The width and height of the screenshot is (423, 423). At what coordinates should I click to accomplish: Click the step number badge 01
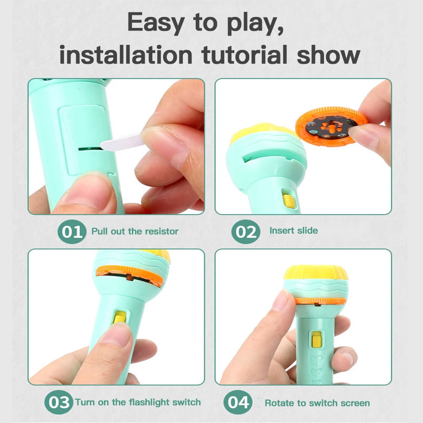click(x=72, y=232)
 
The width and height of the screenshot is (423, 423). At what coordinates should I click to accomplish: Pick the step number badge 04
click(x=239, y=402)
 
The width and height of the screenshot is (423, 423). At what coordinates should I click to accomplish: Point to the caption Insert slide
click(x=294, y=231)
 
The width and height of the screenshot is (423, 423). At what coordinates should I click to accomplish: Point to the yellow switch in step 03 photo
click(x=120, y=319)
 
